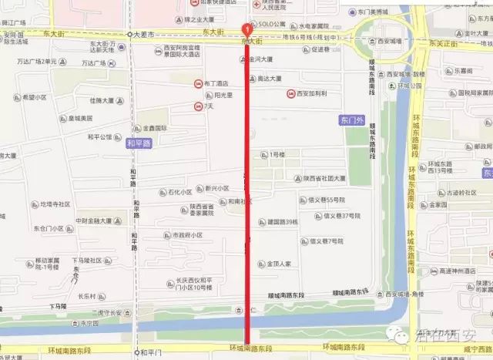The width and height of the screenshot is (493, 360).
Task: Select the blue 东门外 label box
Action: tap(350, 120)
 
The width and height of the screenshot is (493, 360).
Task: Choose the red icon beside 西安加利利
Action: tap(290, 93)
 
